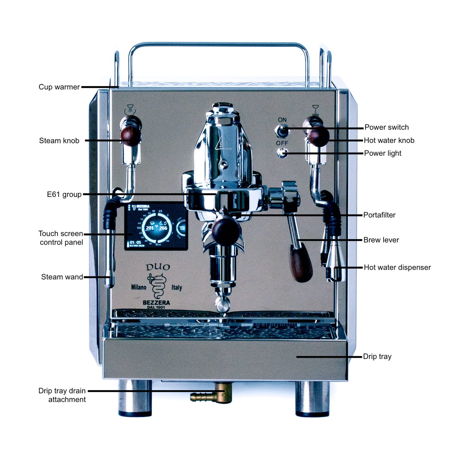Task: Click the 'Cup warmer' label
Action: click(59, 87)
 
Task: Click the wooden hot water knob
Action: click(319, 136)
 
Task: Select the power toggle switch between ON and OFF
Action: click(282, 131)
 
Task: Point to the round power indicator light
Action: click(282, 153)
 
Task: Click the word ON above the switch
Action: click(282, 120)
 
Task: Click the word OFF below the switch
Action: click(282, 143)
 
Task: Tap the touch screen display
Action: click(156, 226)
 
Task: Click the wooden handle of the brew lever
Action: click(301, 264)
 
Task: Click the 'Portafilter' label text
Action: click(379, 215)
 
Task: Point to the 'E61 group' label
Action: click(64, 195)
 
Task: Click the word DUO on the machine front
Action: click(158, 267)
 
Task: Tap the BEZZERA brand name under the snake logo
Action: click(156, 303)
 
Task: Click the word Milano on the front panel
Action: click(139, 287)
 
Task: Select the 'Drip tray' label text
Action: click(377, 356)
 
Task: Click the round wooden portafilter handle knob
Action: click(226, 230)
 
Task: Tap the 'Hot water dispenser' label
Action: click(397, 268)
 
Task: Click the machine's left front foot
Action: click(135, 398)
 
